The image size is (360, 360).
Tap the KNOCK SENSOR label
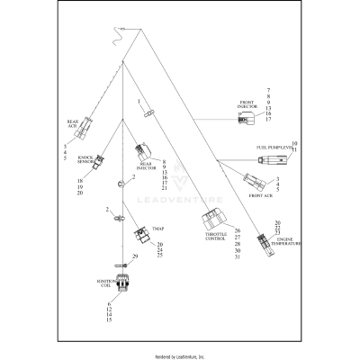[87, 159]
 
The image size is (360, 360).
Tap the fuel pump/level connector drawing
[274, 158]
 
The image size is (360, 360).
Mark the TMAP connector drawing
[141, 237]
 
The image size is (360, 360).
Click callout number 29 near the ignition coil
[135, 256]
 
